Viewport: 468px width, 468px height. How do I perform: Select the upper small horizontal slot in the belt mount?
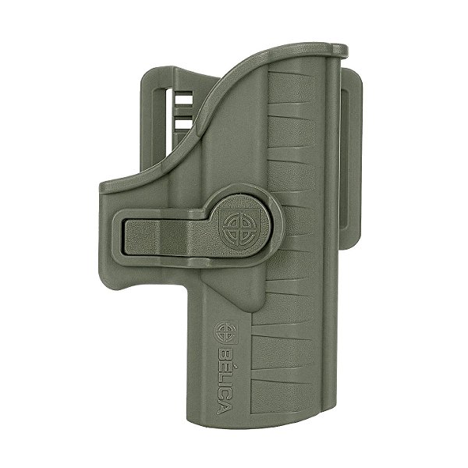[x=183, y=99]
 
